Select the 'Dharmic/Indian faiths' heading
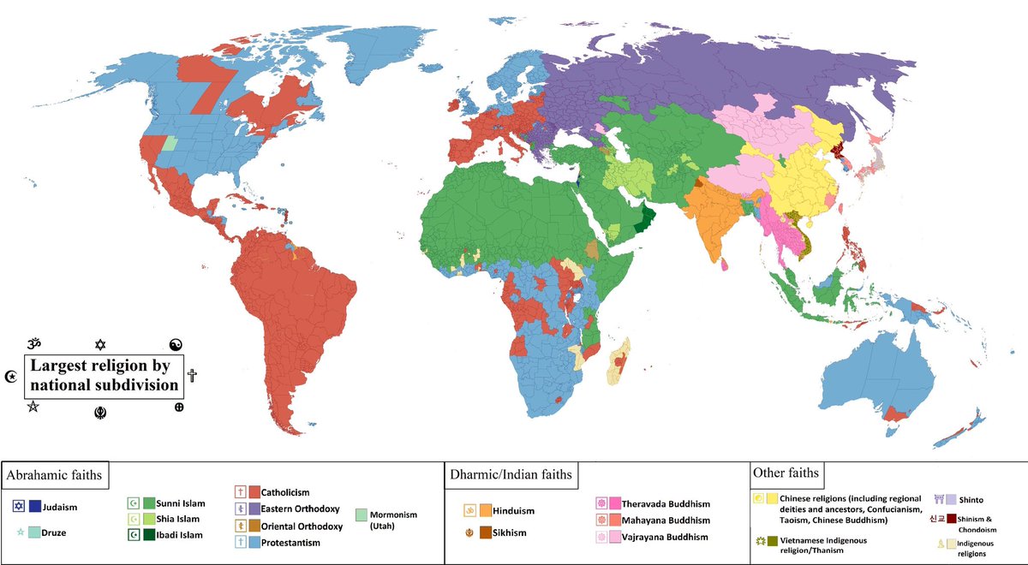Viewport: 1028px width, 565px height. point(510,474)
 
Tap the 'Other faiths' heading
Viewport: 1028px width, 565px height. point(786,473)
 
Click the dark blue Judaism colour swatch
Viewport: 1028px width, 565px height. point(35,506)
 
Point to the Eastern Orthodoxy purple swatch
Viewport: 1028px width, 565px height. point(254,508)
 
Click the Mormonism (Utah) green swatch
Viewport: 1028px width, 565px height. point(362,514)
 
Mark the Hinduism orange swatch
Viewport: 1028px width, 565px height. point(485,511)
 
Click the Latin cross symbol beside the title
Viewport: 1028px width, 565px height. point(192,375)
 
